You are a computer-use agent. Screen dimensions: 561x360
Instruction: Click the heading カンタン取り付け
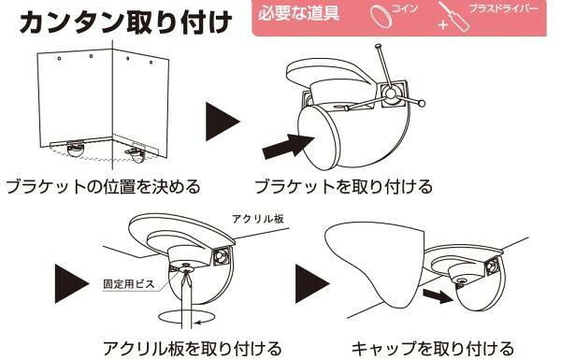click(125, 22)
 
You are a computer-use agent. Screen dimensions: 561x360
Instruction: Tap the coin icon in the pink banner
click(381, 15)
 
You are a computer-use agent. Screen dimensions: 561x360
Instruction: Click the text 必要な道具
click(298, 14)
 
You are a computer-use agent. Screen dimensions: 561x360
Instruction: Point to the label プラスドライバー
click(503, 8)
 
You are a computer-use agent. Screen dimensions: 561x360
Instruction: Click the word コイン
click(405, 7)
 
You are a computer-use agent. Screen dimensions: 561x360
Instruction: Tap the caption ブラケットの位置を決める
click(103, 186)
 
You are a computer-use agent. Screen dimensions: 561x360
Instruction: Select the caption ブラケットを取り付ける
click(343, 186)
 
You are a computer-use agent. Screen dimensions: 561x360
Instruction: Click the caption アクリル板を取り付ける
click(193, 348)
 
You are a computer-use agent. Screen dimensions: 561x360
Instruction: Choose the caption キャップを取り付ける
click(433, 348)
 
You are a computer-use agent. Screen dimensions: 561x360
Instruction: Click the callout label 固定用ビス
click(129, 284)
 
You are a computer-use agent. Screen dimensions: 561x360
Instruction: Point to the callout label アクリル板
click(258, 218)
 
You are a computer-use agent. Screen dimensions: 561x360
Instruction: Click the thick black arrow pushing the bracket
click(288, 146)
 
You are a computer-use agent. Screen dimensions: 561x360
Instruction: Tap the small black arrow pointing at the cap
click(438, 295)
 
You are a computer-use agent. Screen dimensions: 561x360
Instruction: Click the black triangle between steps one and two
click(222, 122)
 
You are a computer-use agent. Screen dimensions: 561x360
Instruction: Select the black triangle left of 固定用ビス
click(72, 283)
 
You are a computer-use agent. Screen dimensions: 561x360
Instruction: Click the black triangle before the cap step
click(312, 283)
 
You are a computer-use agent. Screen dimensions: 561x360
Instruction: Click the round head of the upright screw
click(378, 46)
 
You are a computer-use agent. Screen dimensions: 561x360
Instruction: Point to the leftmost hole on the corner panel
click(60, 58)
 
